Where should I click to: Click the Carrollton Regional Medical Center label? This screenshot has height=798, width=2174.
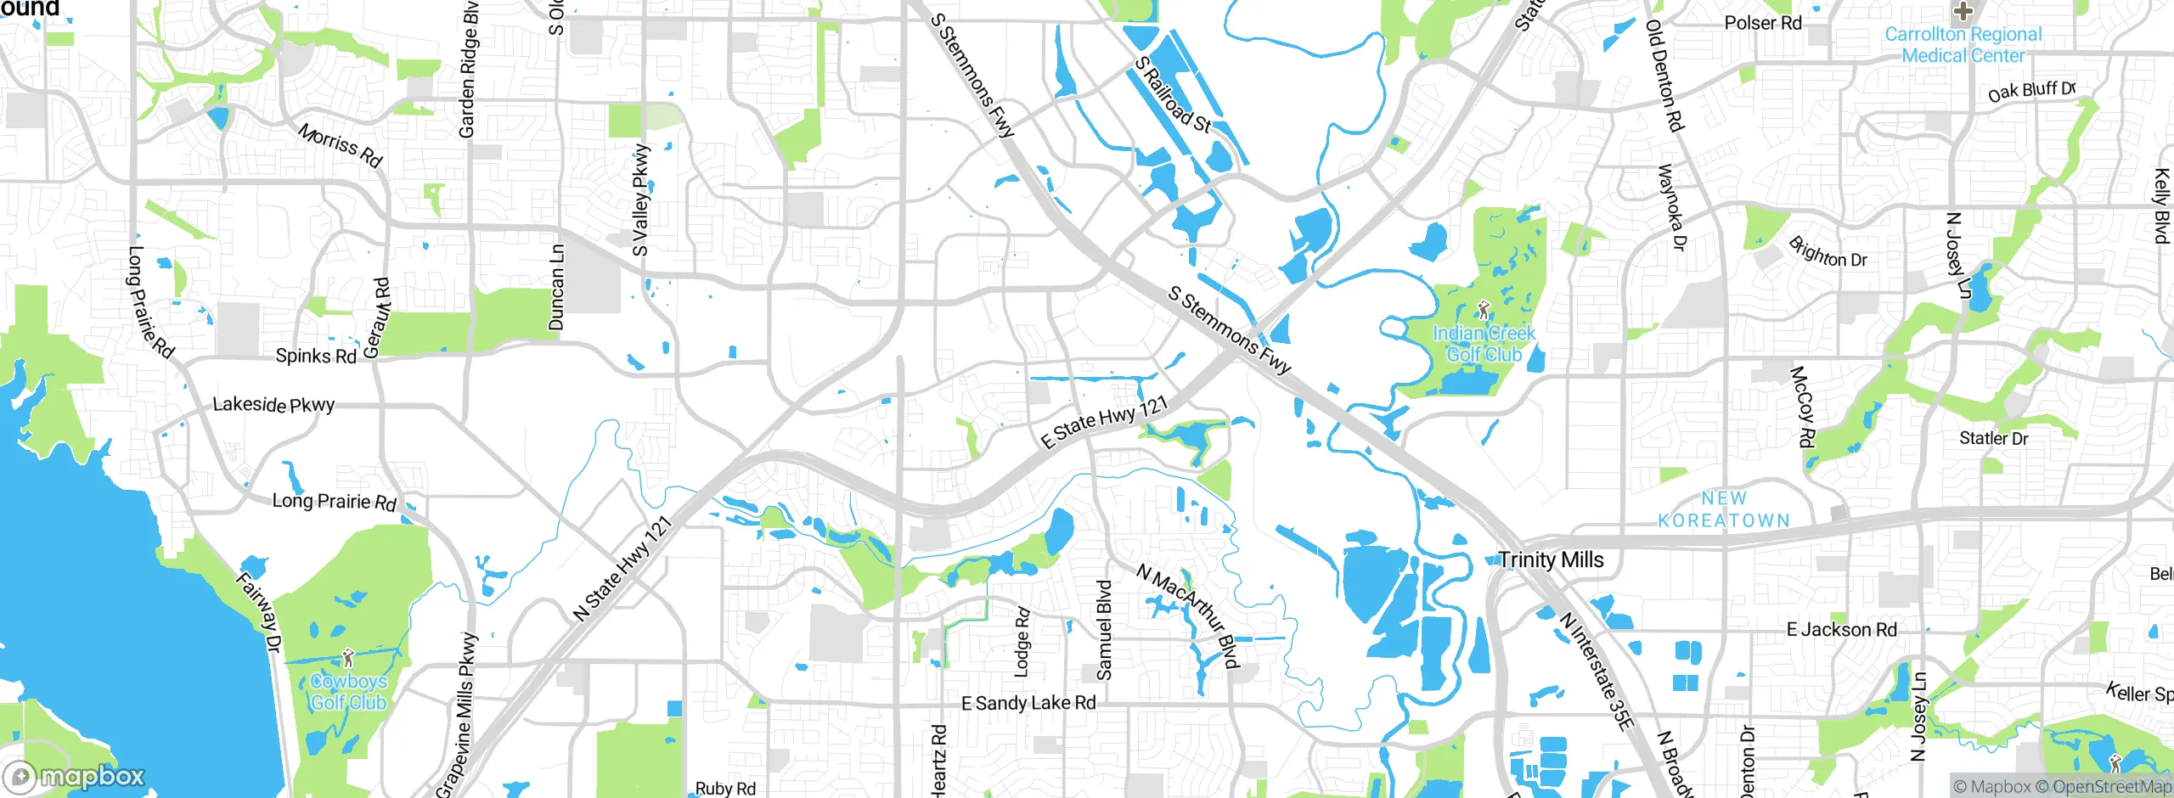[x=1963, y=45]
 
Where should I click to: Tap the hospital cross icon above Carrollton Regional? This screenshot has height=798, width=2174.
[x=1963, y=11]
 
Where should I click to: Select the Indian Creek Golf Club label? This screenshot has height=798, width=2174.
[x=1484, y=343]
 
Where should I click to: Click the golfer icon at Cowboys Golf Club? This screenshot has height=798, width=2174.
[x=347, y=658]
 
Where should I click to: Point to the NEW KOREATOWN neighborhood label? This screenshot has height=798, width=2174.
[x=1724, y=509]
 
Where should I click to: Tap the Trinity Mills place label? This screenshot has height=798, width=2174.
[x=1551, y=560]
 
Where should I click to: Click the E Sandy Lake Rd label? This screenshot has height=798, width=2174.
[x=1028, y=703]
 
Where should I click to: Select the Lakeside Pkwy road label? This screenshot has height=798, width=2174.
[x=273, y=405]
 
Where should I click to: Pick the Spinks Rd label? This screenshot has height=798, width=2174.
[x=316, y=356]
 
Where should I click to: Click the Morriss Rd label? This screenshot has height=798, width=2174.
[x=341, y=145]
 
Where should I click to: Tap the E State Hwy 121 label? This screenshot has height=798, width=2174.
[x=1104, y=422]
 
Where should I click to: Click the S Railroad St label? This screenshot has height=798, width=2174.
[x=1173, y=94]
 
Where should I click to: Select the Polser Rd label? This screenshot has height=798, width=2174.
[x=1763, y=23]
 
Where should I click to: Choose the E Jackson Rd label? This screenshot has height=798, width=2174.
[x=1841, y=630]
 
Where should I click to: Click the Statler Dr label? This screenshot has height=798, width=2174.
[x=1993, y=439]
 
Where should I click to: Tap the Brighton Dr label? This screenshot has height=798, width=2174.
[x=1828, y=253]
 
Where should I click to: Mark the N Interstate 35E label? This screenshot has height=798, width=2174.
[x=1597, y=671]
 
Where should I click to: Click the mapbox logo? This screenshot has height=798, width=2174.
[x=75, y=777]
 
